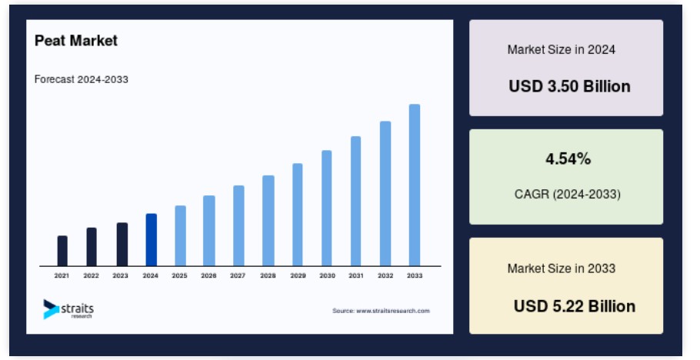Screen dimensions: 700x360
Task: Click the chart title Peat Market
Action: coord(76,41)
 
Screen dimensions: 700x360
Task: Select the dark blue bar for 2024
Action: coord(152,240)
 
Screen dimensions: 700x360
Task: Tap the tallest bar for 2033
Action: coord(415,185)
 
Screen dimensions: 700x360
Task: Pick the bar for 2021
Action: coord(62,251)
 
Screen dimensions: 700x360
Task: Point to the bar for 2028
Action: coord(268,221)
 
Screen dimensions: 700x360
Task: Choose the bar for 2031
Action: coord(356,201)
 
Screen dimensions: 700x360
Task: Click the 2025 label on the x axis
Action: coord(179,275)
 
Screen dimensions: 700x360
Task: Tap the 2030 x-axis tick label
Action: coord(327,275)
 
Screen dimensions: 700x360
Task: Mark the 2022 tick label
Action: coord(91,275)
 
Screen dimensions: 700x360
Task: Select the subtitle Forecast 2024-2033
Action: coord(82,79)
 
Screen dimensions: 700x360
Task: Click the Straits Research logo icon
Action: coord(51,309)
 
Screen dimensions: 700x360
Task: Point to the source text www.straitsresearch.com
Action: coord(393,311)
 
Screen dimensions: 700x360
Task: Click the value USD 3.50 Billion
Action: coord(570,86)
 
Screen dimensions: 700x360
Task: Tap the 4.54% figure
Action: coord(568,158)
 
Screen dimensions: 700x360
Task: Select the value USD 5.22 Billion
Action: coord(575,306)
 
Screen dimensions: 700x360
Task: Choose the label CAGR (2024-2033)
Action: coord(568,195)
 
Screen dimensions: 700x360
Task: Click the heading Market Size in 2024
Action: coord(562,49)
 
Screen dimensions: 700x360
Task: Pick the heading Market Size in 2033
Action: coord(562,268)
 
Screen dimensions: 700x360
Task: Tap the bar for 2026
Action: coord(209,231)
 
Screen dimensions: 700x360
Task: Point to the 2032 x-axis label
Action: coord(385,275)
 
